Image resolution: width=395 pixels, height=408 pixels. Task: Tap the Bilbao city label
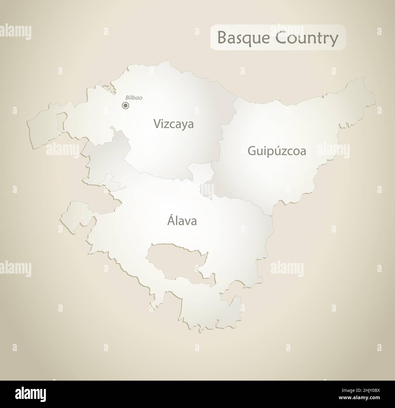(x=134, y=98)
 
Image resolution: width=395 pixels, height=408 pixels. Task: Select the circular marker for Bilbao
(x=125, y=105)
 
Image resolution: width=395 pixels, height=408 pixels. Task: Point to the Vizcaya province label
(x=173, y=124)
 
